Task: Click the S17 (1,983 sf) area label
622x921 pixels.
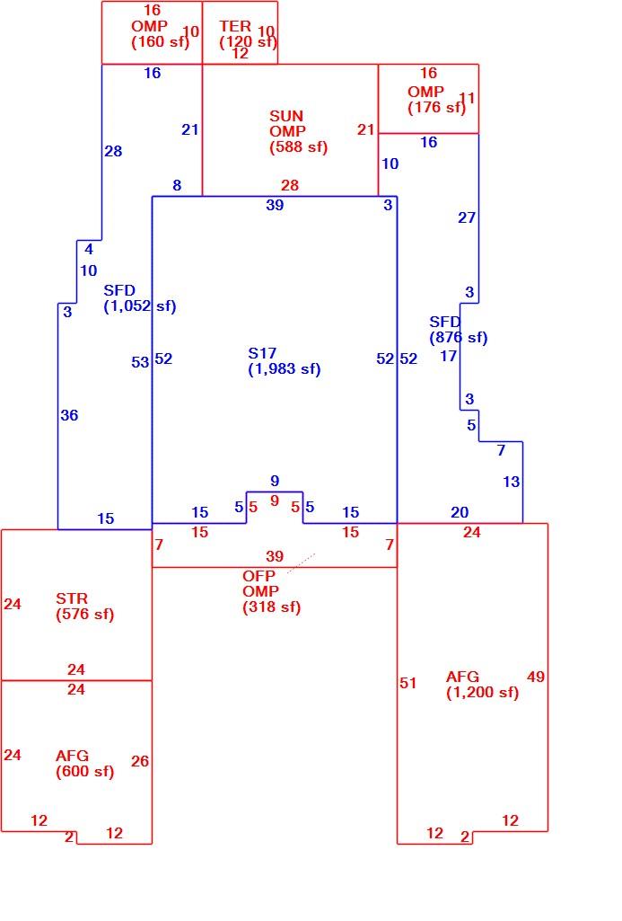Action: pyautogui.click(x=284, y=361)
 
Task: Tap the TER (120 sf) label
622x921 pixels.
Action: pyautogui.click(x=247, y=34)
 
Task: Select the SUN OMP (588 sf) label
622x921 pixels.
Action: pyautogui.click(x=298, y=131)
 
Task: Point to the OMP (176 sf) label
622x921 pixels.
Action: pyautogui.click(x=436, y=100)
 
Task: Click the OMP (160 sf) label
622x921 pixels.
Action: pyautogui.click(x=160, y=34)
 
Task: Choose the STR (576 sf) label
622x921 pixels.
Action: pyautogui.click(x=84, y=607)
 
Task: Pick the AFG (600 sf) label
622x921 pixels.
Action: pyautogui.click(x=84, y=764)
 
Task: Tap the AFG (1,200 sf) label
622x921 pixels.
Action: pyautogui.click(x=482, y=685)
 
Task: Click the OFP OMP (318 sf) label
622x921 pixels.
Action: pyautogui.click(x=271, y=591)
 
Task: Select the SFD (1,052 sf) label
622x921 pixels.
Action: pyautogui.click(x=140, y=298)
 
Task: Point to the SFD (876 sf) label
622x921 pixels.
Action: pyautogui.click(x=459, y=330)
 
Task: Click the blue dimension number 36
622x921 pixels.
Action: pyautogui.click(x=69, y=415)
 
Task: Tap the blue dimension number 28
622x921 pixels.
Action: pyautogui.click(x=113, y=151)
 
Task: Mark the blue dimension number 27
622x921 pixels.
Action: pyautogui.click(x=467, y=218)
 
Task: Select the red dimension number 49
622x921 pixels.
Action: pyautogui.click(x=536, y=677)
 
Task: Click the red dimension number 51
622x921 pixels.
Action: pyautogui.click(x=407, y=683)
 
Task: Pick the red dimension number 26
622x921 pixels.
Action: pyautogui.click(x=140, y=761)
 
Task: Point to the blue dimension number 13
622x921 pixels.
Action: pyautogui.click(x=511, y=482)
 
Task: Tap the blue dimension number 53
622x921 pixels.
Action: pyautogui.click(x=140, y=362)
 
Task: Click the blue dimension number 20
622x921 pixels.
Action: pyautogui.click(x=460, y=513)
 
